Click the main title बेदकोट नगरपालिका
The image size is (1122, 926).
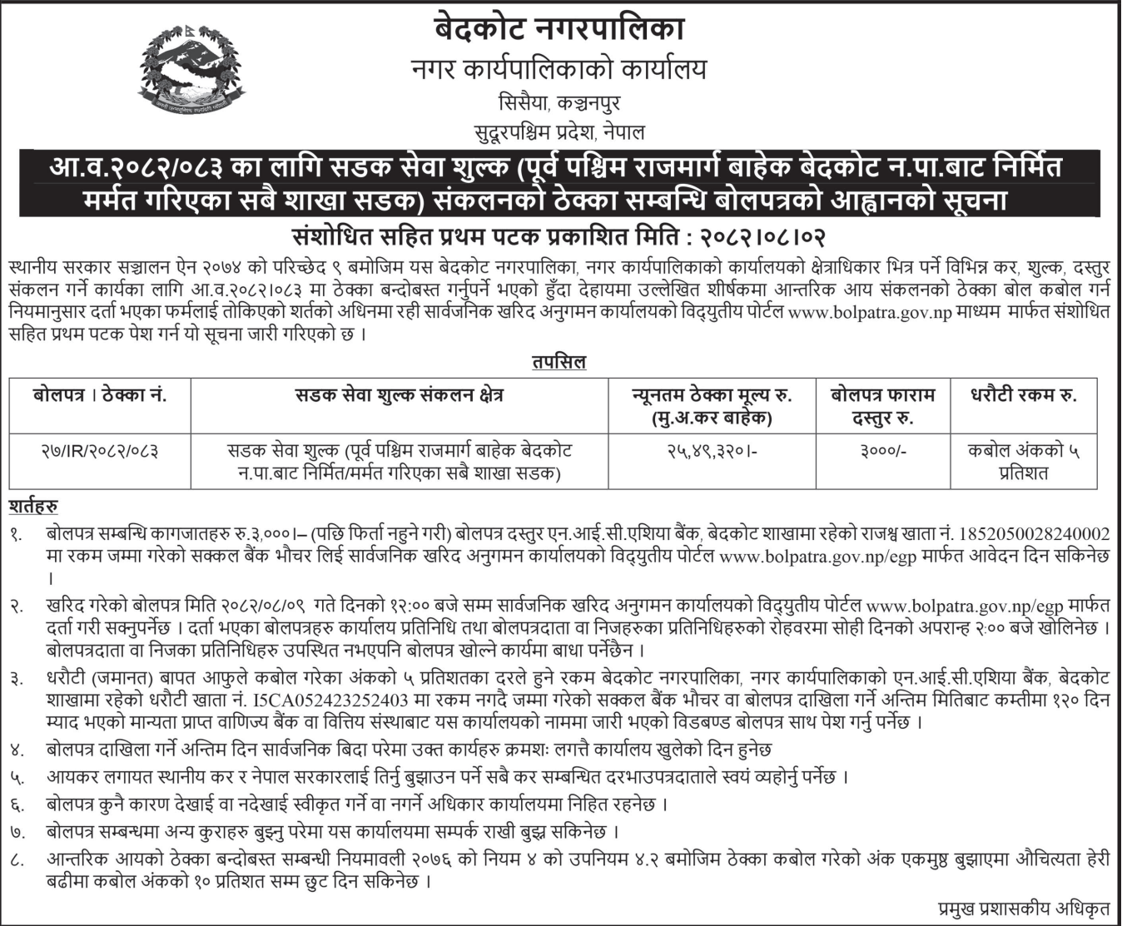[559, 30]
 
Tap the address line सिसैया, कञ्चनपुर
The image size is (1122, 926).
[559, 104]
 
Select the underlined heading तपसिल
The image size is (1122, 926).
[559, 362]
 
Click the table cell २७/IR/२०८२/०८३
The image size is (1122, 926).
[100, 452]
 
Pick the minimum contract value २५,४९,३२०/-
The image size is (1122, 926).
[711, 452]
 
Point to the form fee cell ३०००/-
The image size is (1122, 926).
[883, 452]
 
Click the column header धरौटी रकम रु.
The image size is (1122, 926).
[1023, 396]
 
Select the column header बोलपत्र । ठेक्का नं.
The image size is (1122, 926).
[100, 396]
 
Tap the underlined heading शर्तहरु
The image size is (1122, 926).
[33, 507]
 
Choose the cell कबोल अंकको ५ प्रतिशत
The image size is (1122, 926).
[1023, 462]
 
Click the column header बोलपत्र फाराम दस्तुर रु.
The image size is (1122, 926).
[883, 406]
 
